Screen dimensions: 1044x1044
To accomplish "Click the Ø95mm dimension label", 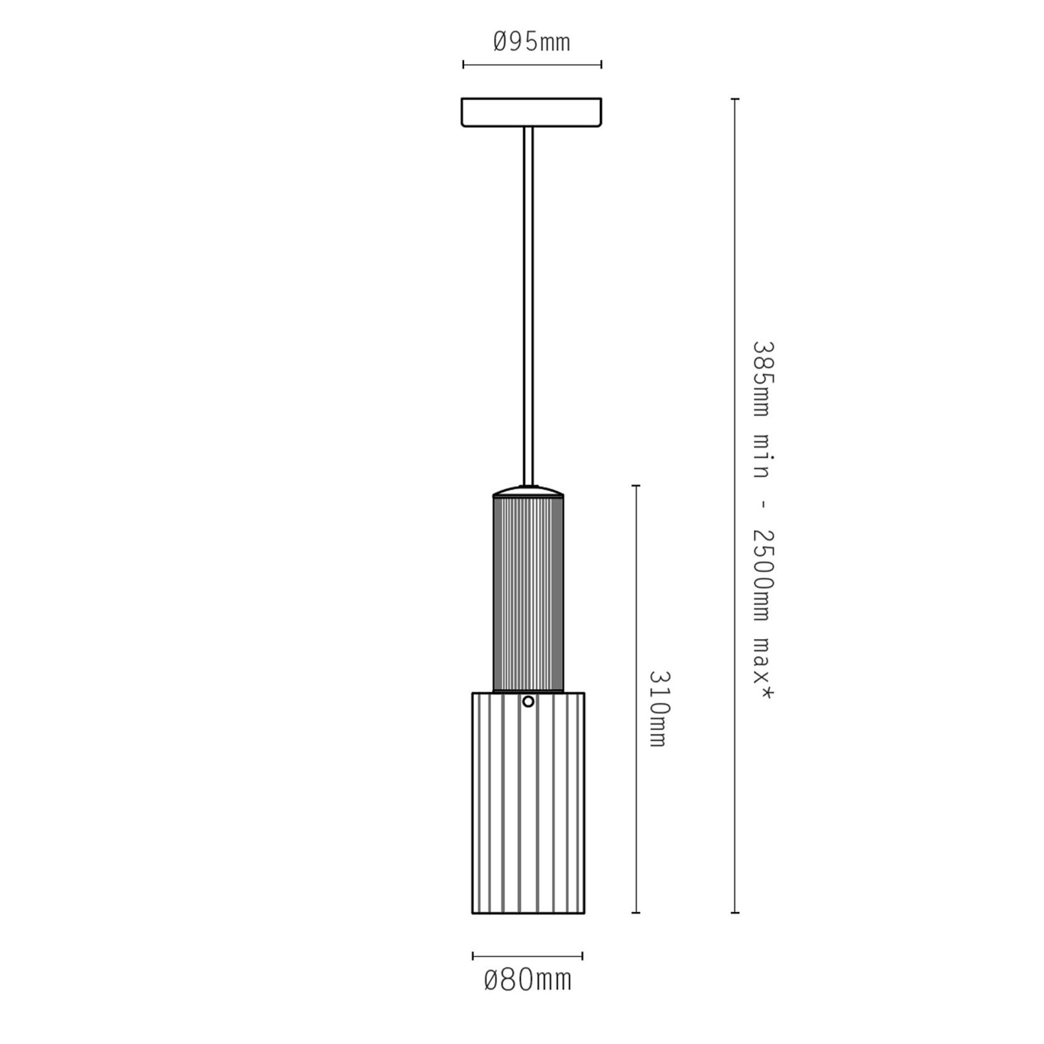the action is [x=531, y=42].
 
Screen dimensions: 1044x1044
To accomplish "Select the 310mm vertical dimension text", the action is [x=658, y=708].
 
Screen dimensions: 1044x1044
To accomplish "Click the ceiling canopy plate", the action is [x=531, y=112].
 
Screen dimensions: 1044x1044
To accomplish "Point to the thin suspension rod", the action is [x=528, y=306].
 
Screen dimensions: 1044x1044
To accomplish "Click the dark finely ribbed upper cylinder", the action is [x=528, y=594].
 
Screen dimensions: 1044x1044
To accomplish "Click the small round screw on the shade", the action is [x=528, y=701].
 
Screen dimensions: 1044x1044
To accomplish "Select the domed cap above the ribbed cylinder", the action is [x=528, y=491].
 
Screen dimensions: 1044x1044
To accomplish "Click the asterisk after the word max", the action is [x=762, y=693].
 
